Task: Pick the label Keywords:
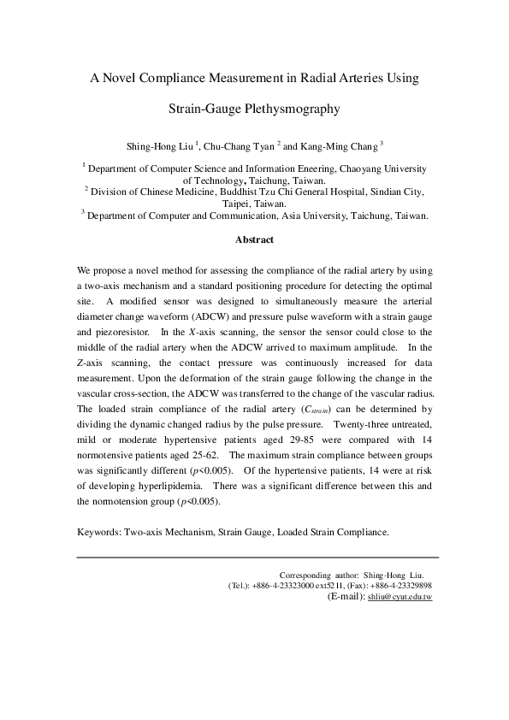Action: (103, 531)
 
